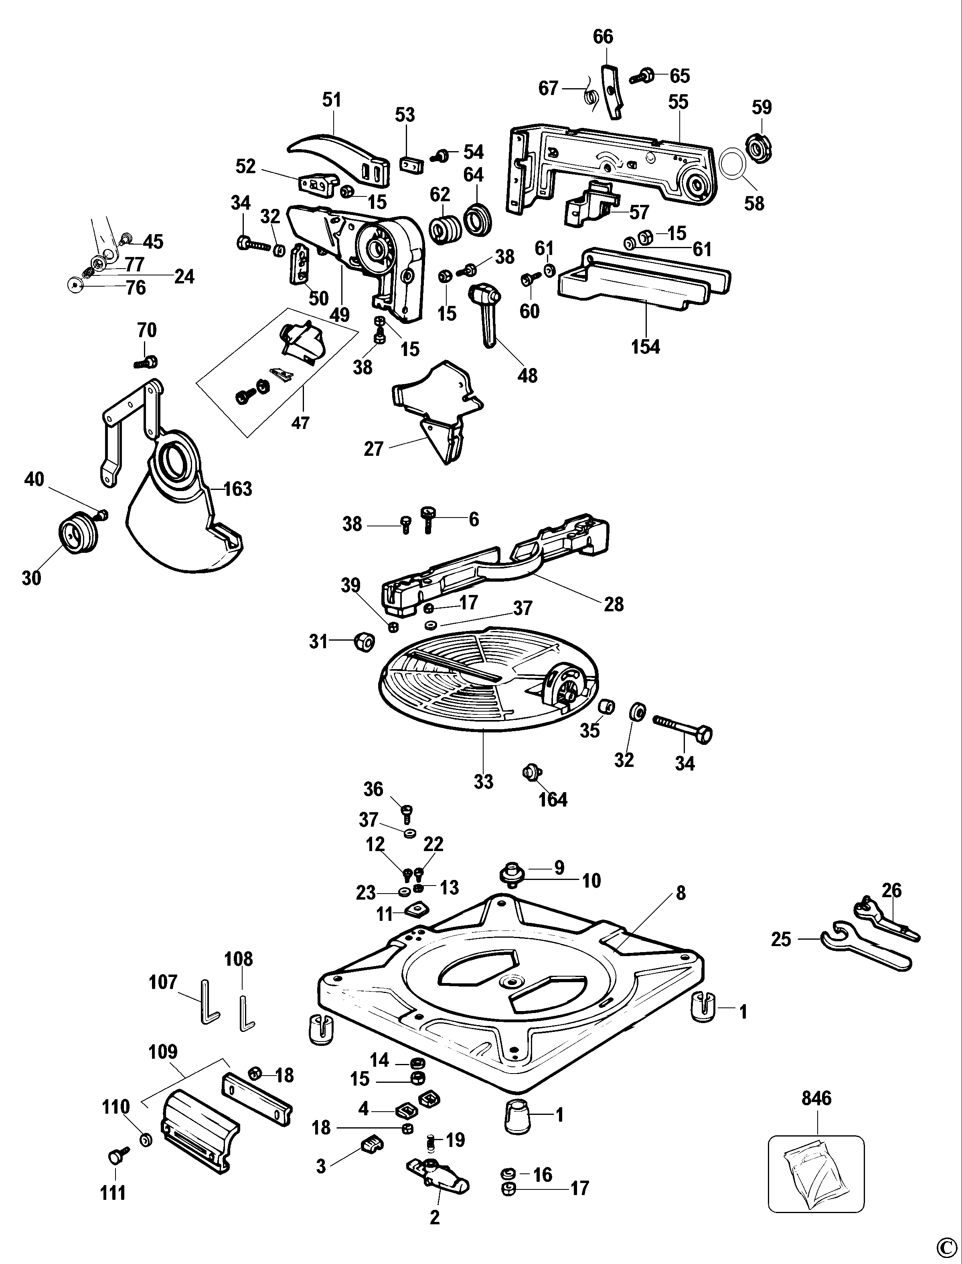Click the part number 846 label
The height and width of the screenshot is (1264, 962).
(x=816, y=1098)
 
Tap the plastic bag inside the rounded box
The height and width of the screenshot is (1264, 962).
(x=815, y=1171)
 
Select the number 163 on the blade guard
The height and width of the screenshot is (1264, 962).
(x=237, y=489)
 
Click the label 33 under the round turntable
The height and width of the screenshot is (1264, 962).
(x=483, y=781)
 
